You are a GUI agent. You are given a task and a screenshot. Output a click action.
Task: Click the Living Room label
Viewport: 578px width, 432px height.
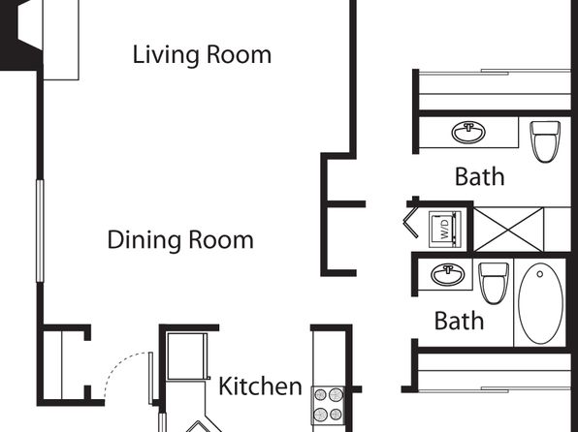tap(202, 55)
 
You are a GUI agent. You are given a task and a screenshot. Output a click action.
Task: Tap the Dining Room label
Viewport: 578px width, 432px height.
tap(180, 240)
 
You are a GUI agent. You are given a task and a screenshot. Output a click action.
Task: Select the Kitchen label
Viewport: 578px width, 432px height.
tap(260, 386)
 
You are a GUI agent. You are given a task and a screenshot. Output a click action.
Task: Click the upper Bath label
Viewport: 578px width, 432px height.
tap(480, 176)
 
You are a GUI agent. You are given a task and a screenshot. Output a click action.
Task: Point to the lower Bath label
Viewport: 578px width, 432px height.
tap(459, 321)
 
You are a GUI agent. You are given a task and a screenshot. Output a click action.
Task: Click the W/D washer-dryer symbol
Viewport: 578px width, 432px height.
tap(445, 228)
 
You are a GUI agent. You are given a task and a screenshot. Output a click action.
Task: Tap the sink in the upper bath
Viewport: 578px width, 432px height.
tap(468, 133)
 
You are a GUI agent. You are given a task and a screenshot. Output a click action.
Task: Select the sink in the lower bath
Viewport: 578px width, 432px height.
tap(448, 274)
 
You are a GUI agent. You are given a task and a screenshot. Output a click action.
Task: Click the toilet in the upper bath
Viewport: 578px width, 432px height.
tap(545, 141)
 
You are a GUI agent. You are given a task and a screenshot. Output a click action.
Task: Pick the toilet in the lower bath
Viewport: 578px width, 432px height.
tap(494, 283)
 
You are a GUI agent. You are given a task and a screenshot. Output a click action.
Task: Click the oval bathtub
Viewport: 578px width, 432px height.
tap(541, 303)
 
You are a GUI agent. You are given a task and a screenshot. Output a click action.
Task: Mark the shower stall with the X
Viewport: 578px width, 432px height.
tap(508, 230)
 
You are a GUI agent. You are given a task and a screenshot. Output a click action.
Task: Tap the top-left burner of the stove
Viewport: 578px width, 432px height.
tap(320, 395)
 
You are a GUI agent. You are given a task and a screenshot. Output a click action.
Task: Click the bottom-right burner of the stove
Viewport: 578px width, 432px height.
tap(336, 415)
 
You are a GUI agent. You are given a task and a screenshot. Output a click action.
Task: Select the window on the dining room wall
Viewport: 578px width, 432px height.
tap(40, 231)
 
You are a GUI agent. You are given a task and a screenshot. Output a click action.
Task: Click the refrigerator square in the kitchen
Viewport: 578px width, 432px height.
tap(186, 356)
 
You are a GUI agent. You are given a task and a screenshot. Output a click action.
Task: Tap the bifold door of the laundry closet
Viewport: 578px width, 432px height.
tap(411, 222)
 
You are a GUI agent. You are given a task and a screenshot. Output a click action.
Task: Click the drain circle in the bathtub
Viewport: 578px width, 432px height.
tap(540, 274)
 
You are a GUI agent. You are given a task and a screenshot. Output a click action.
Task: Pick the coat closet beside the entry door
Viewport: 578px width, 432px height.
tap(65, 364)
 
